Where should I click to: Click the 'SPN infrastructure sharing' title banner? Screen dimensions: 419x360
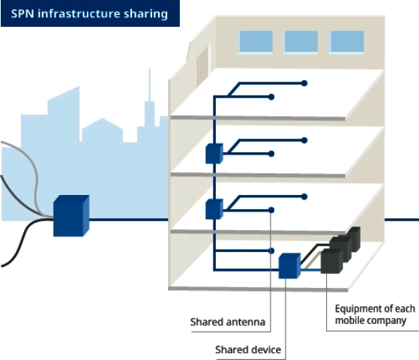point(90,13)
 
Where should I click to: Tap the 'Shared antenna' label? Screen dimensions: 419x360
point(228,322)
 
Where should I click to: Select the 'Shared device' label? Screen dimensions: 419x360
point(248,349)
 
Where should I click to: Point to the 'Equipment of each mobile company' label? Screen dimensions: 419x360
point(375,314)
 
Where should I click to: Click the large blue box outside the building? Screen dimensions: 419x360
point(71,216)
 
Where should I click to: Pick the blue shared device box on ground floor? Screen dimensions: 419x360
point(289,265)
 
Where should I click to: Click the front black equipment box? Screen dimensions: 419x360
point(331,261)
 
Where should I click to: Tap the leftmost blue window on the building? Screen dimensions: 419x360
point(256,41)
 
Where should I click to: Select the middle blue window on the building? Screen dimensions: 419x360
point(301,41)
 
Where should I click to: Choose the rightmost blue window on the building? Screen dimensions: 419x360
point(347,41)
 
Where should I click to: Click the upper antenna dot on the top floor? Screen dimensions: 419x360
point(304,83)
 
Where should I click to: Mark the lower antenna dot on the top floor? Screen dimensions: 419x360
point(271,97)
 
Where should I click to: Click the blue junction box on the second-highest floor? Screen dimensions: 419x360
point(214,154)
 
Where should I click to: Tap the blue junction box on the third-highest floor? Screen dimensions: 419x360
point(214,209)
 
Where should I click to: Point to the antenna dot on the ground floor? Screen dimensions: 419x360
point(271,251)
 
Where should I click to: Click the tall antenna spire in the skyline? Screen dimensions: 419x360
point(150,85)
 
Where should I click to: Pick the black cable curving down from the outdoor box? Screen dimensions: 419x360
point(24,241)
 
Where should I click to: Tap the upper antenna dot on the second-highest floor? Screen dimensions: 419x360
point(304,140)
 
